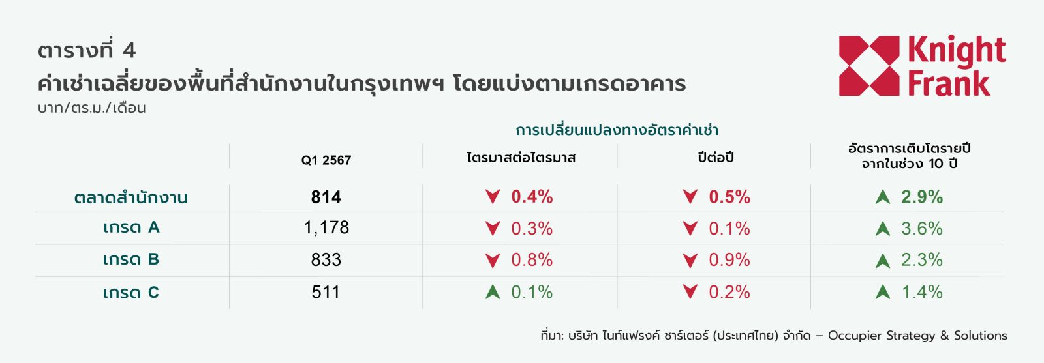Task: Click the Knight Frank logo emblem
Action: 868,66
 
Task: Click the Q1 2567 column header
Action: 326,160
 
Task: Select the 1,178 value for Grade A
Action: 326,227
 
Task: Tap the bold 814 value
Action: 326,197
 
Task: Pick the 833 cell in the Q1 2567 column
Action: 326,259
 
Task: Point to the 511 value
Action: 326,292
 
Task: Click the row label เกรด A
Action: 131,227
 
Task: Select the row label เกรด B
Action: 131,259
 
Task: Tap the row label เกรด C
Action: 131,292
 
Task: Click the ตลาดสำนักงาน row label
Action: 131,197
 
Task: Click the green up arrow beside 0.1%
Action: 493,292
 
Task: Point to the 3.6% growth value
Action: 921,229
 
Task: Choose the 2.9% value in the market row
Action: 921,197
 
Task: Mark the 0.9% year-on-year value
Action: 729,259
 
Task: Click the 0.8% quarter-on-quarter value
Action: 532,259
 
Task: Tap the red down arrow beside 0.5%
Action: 690,196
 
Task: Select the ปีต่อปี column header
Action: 716,157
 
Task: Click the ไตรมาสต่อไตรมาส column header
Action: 521,157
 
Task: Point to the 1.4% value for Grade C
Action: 922,292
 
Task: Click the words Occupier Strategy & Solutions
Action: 917,336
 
